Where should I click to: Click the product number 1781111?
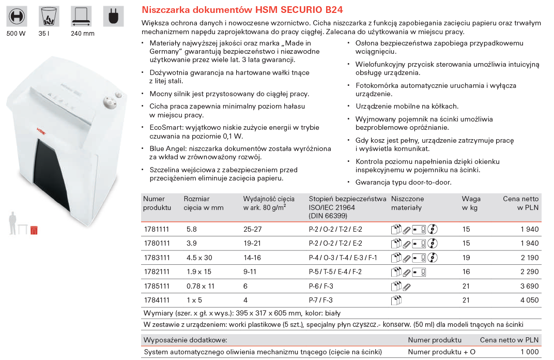coord(156,229)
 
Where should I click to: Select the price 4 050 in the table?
coord(528,301)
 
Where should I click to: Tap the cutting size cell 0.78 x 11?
coord(200,286)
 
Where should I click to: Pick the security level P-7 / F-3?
coord(320,301)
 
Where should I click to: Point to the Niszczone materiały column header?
coord(408,203)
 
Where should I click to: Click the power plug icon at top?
coord(113,17)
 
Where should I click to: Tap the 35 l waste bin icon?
coord(49,17)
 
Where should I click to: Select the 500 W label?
coord(16,34)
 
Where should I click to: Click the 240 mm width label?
coord(82,34)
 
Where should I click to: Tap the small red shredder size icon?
coord(34,230)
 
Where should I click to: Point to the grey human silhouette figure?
coord(12,223)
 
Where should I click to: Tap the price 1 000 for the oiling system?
coord(529,352)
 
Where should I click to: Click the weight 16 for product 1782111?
coord(466,272)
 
